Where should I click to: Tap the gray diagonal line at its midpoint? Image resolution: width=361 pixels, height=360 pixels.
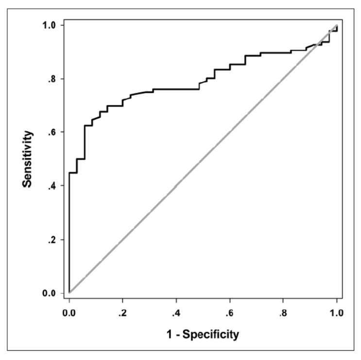coord(203,159)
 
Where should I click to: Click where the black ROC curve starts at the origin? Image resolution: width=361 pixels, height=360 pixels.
coord(69,293)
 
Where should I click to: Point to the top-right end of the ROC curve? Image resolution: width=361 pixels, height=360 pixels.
coord(337,26)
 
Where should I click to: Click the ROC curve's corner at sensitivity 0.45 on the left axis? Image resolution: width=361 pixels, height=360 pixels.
coord(69,173)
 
